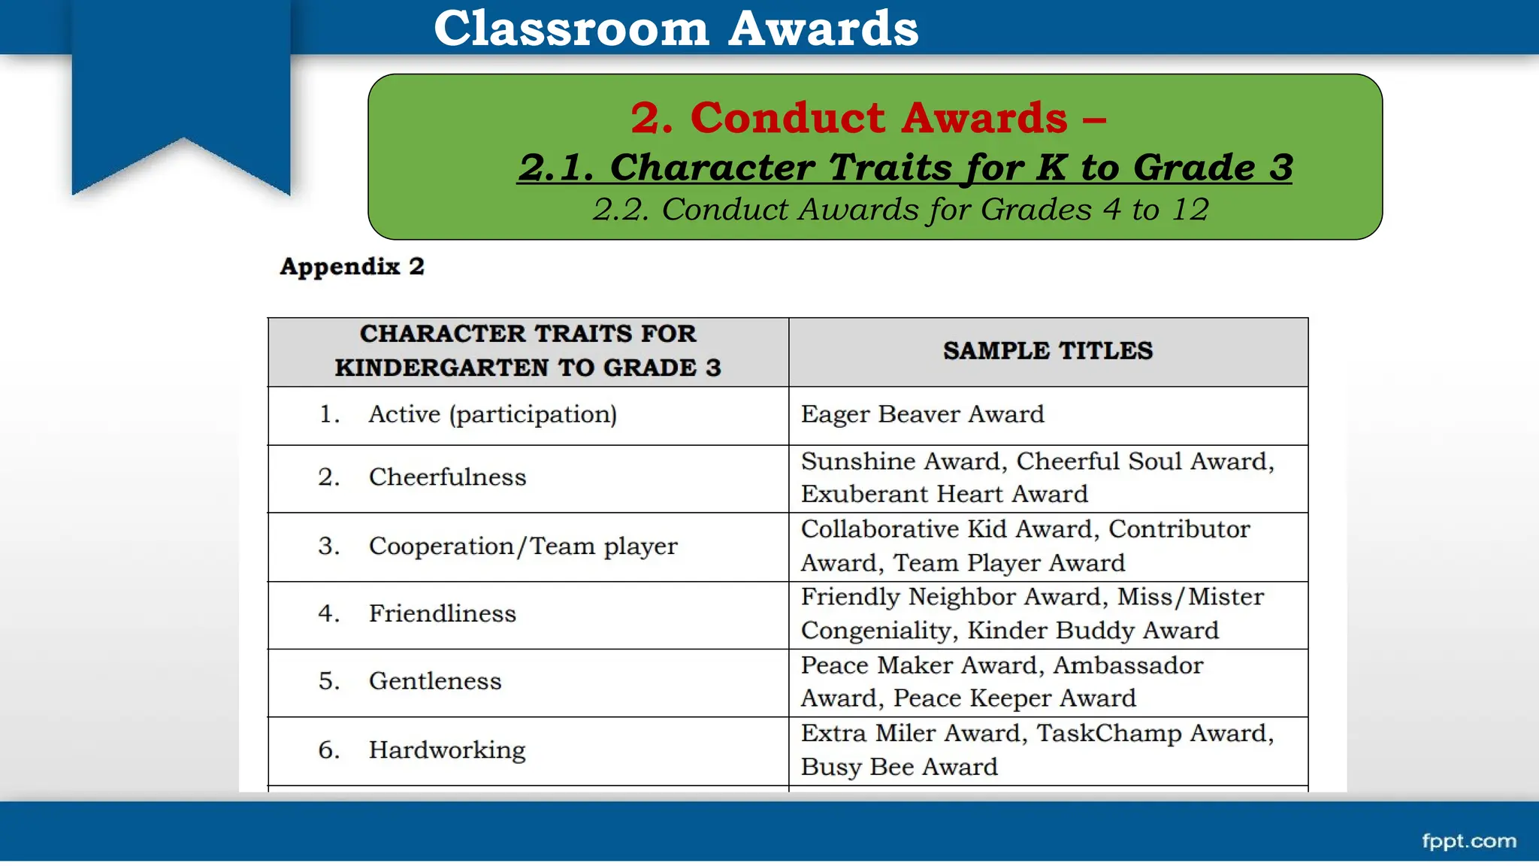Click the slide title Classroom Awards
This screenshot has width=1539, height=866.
676,29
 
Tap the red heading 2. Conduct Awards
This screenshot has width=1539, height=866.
867,118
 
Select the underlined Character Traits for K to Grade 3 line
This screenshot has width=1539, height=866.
905,167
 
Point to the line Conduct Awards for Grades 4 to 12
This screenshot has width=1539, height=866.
900,210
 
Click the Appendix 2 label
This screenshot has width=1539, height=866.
352,266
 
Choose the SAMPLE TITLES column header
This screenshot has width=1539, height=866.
1048,351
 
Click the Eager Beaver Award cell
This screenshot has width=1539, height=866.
922,414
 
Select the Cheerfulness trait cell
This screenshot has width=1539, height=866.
447,477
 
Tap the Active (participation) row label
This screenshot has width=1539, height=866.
492,414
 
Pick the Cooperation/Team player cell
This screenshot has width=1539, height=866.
522,547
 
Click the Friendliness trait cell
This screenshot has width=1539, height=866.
442,613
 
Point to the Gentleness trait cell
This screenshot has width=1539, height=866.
434,681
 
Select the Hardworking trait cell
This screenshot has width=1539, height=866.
446,750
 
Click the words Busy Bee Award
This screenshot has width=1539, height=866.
899,767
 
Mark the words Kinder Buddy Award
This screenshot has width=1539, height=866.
1093,631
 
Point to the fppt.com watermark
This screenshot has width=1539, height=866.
1468,841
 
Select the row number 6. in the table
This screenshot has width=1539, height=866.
328,750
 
